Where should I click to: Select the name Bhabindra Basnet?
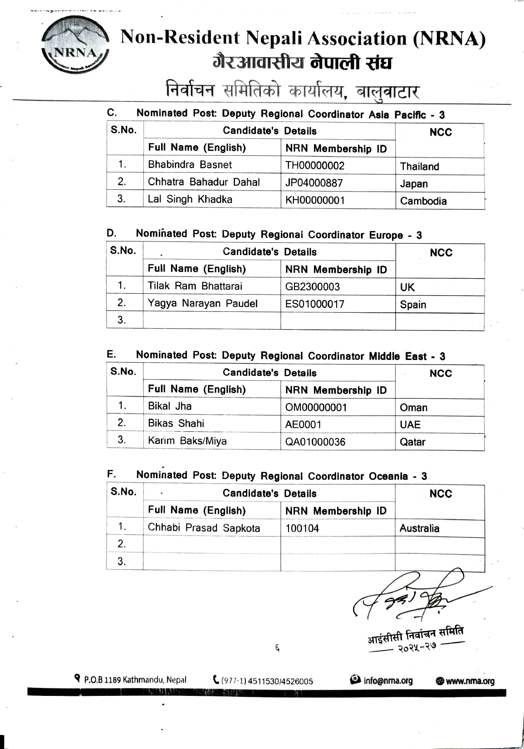(x=190, y=165)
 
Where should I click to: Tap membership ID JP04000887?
(x=314, y=183)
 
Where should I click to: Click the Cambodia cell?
(x=423, y=201)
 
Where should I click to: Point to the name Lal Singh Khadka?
(x=190, y=199)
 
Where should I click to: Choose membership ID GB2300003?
(x=312, y=287)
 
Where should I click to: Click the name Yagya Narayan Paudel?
(x=202, y=303)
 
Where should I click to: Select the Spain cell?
(x=413, y=305)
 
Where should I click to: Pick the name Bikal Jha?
(x=170, y=406)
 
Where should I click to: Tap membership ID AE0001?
(x=303, y=425)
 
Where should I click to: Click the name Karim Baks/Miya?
(x=187, y=441)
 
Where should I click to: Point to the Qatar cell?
(x=412, y=442)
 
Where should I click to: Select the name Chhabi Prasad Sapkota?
(x=204, y=528)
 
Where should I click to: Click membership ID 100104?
(x=302, y=528)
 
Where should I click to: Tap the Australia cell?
(x=419, y=528)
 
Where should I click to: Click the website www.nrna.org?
(x=470, y=681)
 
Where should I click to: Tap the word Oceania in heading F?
(x=388, y=476)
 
